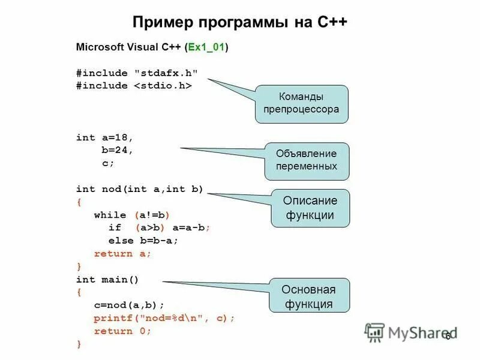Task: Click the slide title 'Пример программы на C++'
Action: tap(239, 22)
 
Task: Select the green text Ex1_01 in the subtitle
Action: tap(206, 47)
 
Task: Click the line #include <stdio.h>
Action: tap(134, 86)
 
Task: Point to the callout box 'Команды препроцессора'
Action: tap(301, 103)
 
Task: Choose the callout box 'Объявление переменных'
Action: tap(306, 160)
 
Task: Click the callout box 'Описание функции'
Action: tap(310, 208)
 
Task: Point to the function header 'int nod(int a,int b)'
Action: tap(140, 189)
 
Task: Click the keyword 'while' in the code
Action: tap(110, 215)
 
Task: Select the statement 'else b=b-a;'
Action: tap(143, 241)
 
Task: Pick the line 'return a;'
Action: tap(122, 253)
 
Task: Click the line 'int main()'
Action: tap(107, 280)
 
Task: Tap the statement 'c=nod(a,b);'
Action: tap(129, 305)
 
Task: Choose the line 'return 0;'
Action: tap(122, 331)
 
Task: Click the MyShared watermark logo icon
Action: tap(374, 332)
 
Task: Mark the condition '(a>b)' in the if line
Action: tap(149, 228)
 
